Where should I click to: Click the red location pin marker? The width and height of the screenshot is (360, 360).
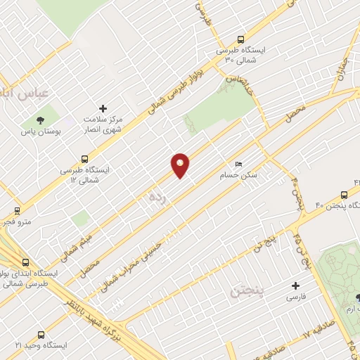click(181, 165)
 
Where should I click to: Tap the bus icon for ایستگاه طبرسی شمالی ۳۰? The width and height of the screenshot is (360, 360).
click(242, 40)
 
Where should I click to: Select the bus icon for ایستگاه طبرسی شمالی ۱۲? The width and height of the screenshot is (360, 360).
click(85, 159)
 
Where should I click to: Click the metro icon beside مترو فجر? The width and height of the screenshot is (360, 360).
click(18, 210)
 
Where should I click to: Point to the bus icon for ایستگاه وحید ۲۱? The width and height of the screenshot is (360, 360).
click(40, 335)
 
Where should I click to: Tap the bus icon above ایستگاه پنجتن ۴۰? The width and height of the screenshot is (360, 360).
click(345, 194)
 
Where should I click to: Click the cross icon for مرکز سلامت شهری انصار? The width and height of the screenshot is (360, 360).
click(103, 108)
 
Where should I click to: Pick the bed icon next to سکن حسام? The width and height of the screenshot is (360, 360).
click(238, 165)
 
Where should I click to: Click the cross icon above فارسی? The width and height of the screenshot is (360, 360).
click(296, 286)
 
